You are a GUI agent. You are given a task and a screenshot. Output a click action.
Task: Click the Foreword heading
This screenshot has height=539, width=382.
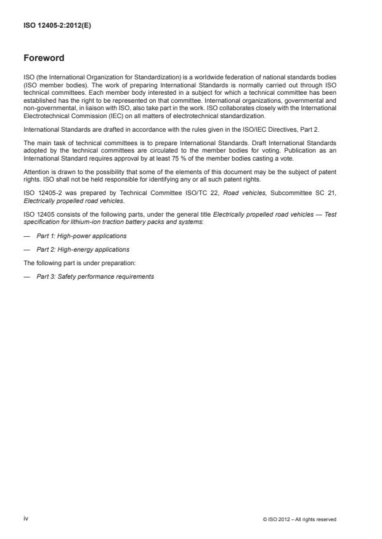[43, 58]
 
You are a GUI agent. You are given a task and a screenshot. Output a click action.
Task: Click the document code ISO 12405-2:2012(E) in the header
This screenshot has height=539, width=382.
[52, 26]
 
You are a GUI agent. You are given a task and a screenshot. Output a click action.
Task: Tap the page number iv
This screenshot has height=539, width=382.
[26, 518]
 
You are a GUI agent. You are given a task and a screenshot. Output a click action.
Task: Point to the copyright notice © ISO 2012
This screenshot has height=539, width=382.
[299, 519]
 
